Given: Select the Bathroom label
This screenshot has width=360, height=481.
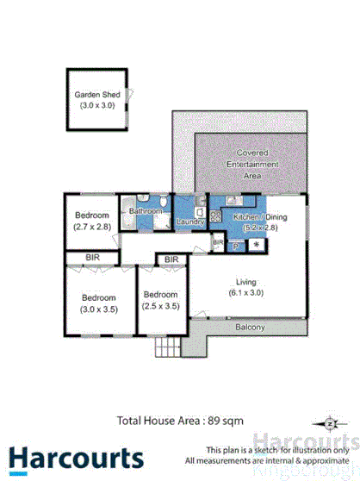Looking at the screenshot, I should pos(145,211).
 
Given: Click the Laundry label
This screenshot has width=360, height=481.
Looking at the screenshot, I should pos(189,222).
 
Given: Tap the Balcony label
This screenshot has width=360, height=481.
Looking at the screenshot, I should pos(249,328).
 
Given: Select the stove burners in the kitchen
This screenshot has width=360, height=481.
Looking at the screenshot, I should pos(214,215).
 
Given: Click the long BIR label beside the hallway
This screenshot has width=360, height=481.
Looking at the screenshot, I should pos(91,257).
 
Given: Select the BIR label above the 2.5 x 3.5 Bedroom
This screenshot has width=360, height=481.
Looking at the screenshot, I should pos(171,259).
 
